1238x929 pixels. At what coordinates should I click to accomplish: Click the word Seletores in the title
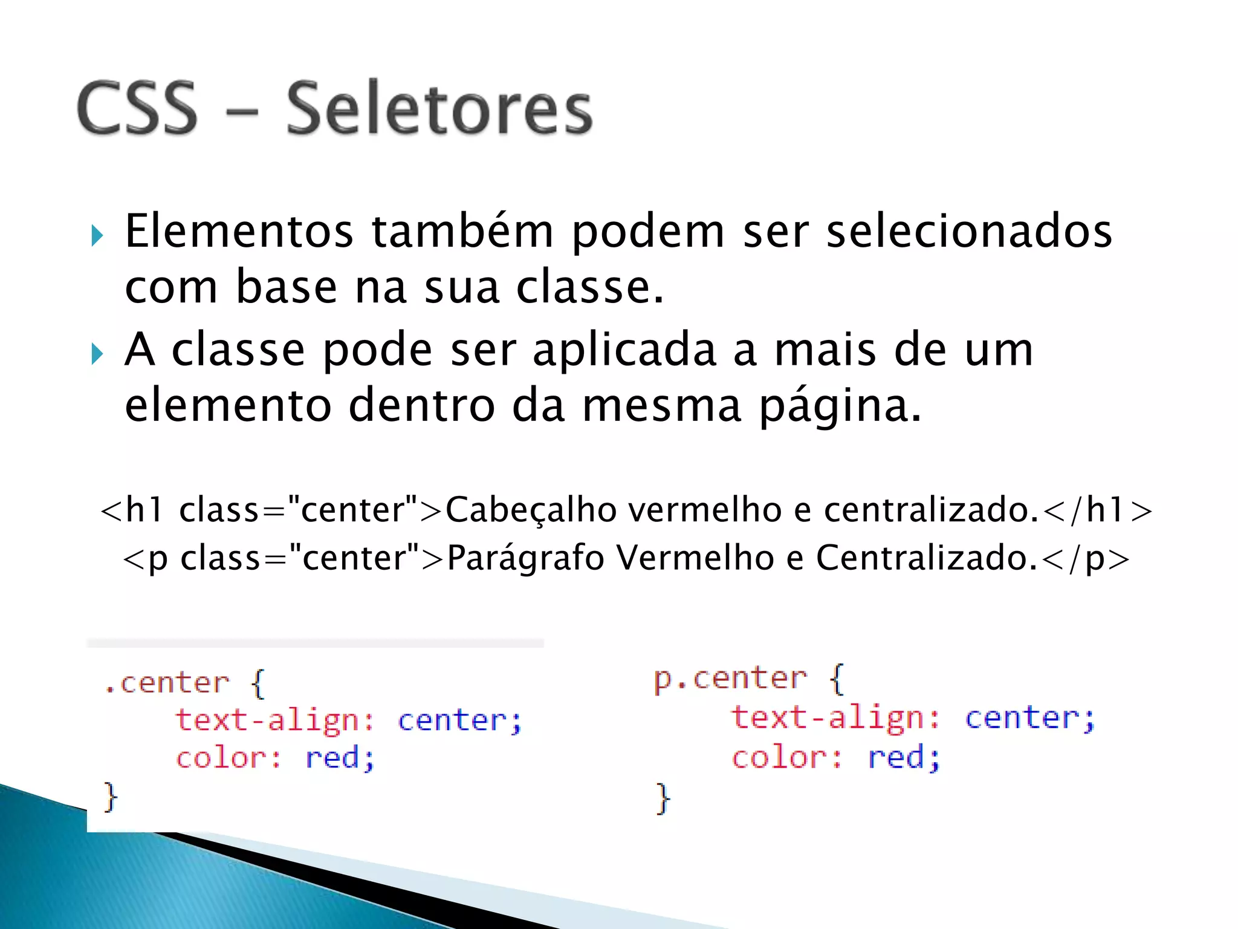439,109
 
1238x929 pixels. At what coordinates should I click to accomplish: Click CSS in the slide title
137,109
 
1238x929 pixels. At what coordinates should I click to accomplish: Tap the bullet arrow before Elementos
97,235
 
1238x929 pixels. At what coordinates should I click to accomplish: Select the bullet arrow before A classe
97,353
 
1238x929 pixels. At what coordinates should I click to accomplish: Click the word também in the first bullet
462,231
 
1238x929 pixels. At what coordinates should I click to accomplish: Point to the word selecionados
968,231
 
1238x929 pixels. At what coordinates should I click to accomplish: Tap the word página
840,406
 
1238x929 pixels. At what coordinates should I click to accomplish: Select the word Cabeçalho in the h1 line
535,509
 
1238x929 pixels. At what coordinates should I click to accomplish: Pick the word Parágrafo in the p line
525,558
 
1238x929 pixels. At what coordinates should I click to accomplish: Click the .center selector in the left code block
167,683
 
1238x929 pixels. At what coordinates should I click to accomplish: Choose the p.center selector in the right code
730,679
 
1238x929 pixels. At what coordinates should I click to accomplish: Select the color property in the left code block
221,758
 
